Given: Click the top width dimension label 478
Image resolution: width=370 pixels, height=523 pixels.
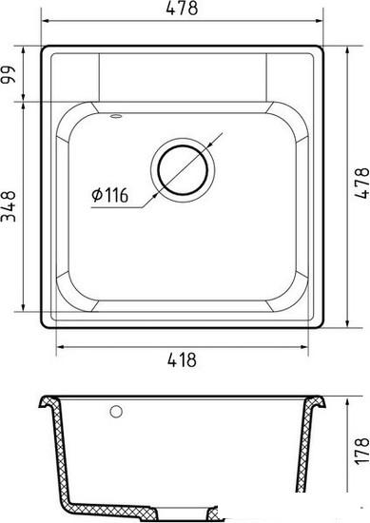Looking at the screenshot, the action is pos(182,9).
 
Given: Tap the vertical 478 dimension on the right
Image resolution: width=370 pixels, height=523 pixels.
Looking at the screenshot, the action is pos(361,184).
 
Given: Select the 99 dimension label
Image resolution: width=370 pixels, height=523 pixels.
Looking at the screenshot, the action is pos(9,75).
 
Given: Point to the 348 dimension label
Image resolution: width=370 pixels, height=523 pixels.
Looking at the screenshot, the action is pos(9,206).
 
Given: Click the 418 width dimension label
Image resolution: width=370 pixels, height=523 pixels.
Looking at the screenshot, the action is pos(182,359).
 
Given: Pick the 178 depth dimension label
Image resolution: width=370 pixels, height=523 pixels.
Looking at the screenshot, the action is pos(362,452).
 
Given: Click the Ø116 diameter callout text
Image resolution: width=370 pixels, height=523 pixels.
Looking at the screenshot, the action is pos(110,195).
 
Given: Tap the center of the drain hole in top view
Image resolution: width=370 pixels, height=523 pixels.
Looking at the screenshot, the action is pos(183,170).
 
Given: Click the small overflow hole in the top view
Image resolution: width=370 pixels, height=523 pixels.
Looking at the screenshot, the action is pos(116,116).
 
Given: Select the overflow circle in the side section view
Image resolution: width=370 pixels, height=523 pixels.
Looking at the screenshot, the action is pos(116,412).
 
